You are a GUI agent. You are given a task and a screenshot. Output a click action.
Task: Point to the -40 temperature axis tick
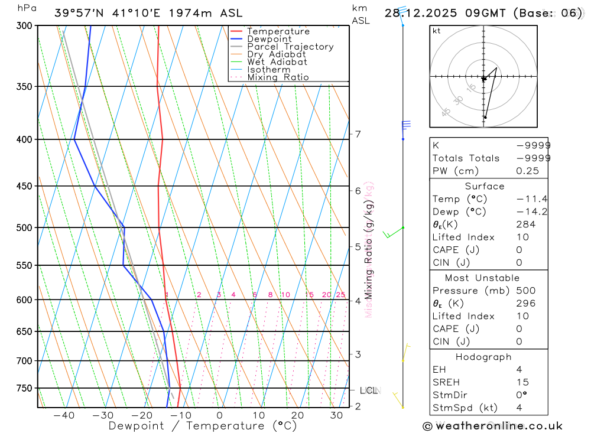point(64,415)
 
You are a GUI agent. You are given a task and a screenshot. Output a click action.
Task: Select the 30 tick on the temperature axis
point(336,415)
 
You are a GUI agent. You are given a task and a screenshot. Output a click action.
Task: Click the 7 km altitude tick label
point(358,134)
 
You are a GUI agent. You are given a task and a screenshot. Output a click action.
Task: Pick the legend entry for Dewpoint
point(269,39)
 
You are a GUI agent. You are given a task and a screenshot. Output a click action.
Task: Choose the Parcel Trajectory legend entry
point(290,47)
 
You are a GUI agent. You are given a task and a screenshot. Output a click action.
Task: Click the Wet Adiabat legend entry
point(277,62)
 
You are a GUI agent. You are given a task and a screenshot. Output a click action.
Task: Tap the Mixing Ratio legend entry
point(278,77)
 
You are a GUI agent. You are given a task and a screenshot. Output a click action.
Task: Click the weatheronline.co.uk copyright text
point(492,426)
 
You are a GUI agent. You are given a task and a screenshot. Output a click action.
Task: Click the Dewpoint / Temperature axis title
point(203,426)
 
